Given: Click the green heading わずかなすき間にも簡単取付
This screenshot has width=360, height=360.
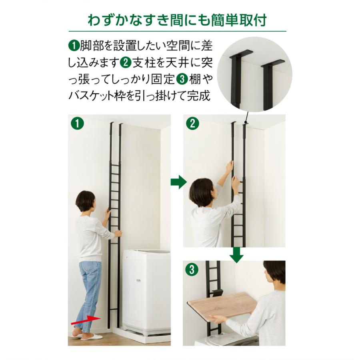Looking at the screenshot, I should [177, 20].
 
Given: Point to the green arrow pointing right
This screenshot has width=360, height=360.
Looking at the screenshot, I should [178, 183].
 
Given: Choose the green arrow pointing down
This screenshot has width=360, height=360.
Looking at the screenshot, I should [237, 254].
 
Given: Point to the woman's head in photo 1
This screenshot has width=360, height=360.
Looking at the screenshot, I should [85, 201].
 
